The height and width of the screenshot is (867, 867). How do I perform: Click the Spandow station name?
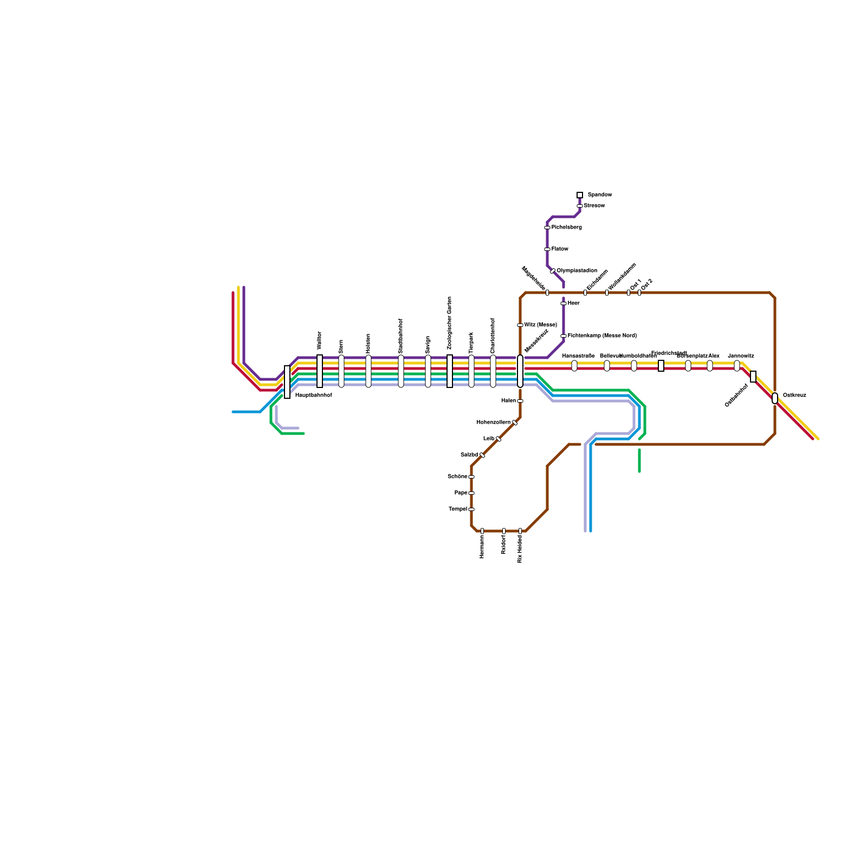pyautogui.click(x=599, y=195)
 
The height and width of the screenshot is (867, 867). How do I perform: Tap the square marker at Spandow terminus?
pyautogui.click(x=580, y=195)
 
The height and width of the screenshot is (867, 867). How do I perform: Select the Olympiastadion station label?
pyautogui.click(x=577, y=270)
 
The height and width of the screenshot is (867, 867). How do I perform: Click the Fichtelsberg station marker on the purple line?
pyautogui.click(x=547, y=228)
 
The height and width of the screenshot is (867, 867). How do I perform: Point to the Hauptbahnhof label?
pyautogui.click(x=313, y=396)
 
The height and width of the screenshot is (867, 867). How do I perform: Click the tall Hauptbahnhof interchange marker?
pyautogui.click(x=287, y=382)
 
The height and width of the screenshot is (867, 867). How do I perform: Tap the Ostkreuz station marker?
pyautogui.click(x=775, y=398)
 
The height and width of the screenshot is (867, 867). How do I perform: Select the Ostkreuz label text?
pyautogui.click(x=794, y=395)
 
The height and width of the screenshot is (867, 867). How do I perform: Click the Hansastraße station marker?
pyautogui.click(x=574, y=366)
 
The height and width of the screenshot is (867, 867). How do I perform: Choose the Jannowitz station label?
pyautogui.click(x=741, y=356)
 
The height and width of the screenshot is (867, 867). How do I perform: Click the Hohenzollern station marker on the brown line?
pyautogui.click(x=515, y=423)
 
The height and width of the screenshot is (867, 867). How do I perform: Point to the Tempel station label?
pyautogui.click(x=458, y=509)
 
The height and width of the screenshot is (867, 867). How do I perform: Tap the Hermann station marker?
pyautogui.click(x=482, y=531)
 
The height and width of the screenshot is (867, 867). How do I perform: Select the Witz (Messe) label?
pyautogui.click(x=540, y=325)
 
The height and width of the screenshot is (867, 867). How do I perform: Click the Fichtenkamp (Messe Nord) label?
pyautogui.click(x=601, y=335)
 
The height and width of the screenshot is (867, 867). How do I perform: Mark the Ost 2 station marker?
pyautogui.click(x=639, y=293)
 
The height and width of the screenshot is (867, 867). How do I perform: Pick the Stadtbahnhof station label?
pyautogui.click(x=401, y=336)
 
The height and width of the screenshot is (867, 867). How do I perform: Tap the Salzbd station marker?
pyautogui.click(x=482, y=455)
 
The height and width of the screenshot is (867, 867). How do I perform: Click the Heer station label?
pyautogui.click(x=573, y=303)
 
